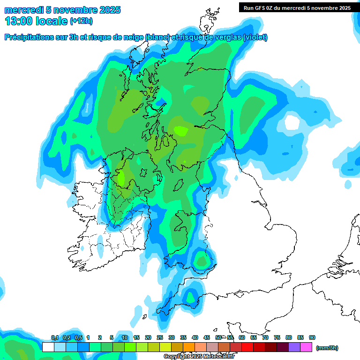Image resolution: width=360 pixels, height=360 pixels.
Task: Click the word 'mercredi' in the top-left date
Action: [x=21, y=10]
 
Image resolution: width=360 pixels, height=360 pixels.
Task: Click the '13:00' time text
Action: [x=18, y=21]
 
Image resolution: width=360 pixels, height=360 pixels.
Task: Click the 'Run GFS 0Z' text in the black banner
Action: [x=259, y=8]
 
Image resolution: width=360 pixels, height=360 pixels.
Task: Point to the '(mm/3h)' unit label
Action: [x=327, y=348]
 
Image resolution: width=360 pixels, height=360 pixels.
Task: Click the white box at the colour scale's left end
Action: [x=48, y=347]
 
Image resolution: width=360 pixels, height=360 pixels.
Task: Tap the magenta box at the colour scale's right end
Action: [x=306, y=347]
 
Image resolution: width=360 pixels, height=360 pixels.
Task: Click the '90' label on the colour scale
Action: [x=312, y=337]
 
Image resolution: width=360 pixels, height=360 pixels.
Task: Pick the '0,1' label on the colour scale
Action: [x=54, y=337]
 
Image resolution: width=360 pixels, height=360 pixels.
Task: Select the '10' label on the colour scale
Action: [x=125, y=337]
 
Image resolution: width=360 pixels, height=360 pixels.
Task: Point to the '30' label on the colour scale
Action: [x=172, y=337]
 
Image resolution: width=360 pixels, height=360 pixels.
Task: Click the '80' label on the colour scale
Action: [x=289, y=337]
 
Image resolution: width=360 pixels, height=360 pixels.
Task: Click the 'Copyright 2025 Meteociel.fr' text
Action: [x=199, y=357]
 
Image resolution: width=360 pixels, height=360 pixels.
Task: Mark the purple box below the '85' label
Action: [x=294, y=347]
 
